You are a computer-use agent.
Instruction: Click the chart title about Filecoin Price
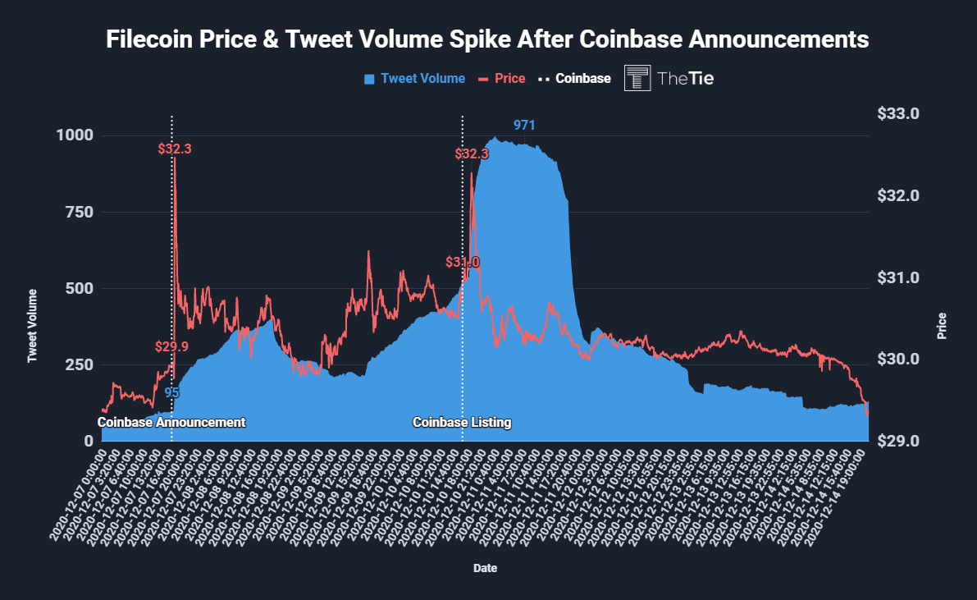(x=487, y=39)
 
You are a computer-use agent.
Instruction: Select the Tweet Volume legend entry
(x=414, y=79)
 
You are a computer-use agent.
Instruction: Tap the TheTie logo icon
(x=637, y=78)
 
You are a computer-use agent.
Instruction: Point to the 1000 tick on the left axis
(x=75, y=135)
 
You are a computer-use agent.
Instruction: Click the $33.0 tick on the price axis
(x=900, y=113)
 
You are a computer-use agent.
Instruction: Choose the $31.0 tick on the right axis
(x=900, y=277)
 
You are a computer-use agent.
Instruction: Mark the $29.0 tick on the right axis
(x=900, y=442)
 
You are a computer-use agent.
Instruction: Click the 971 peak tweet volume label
(x=524, y=126)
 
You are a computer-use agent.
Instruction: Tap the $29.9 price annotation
(x=171, y=346)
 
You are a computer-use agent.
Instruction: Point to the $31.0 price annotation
(x=463, y=263)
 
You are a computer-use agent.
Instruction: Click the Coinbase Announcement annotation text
(x=171, y=423)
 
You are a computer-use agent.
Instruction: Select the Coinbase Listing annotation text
(x=462, y=423)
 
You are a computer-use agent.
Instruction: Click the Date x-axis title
(x=485, y=568)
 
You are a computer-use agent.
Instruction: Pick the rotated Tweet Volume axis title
(x=33, y=326)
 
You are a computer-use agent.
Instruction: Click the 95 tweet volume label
(x=171, y=392)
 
